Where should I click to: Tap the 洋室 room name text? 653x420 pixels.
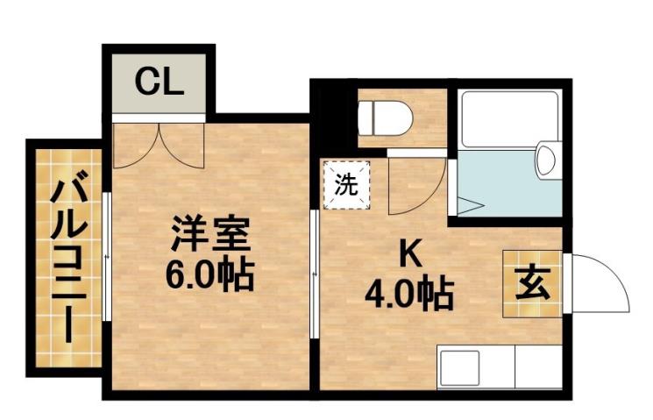tap(210, 235)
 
